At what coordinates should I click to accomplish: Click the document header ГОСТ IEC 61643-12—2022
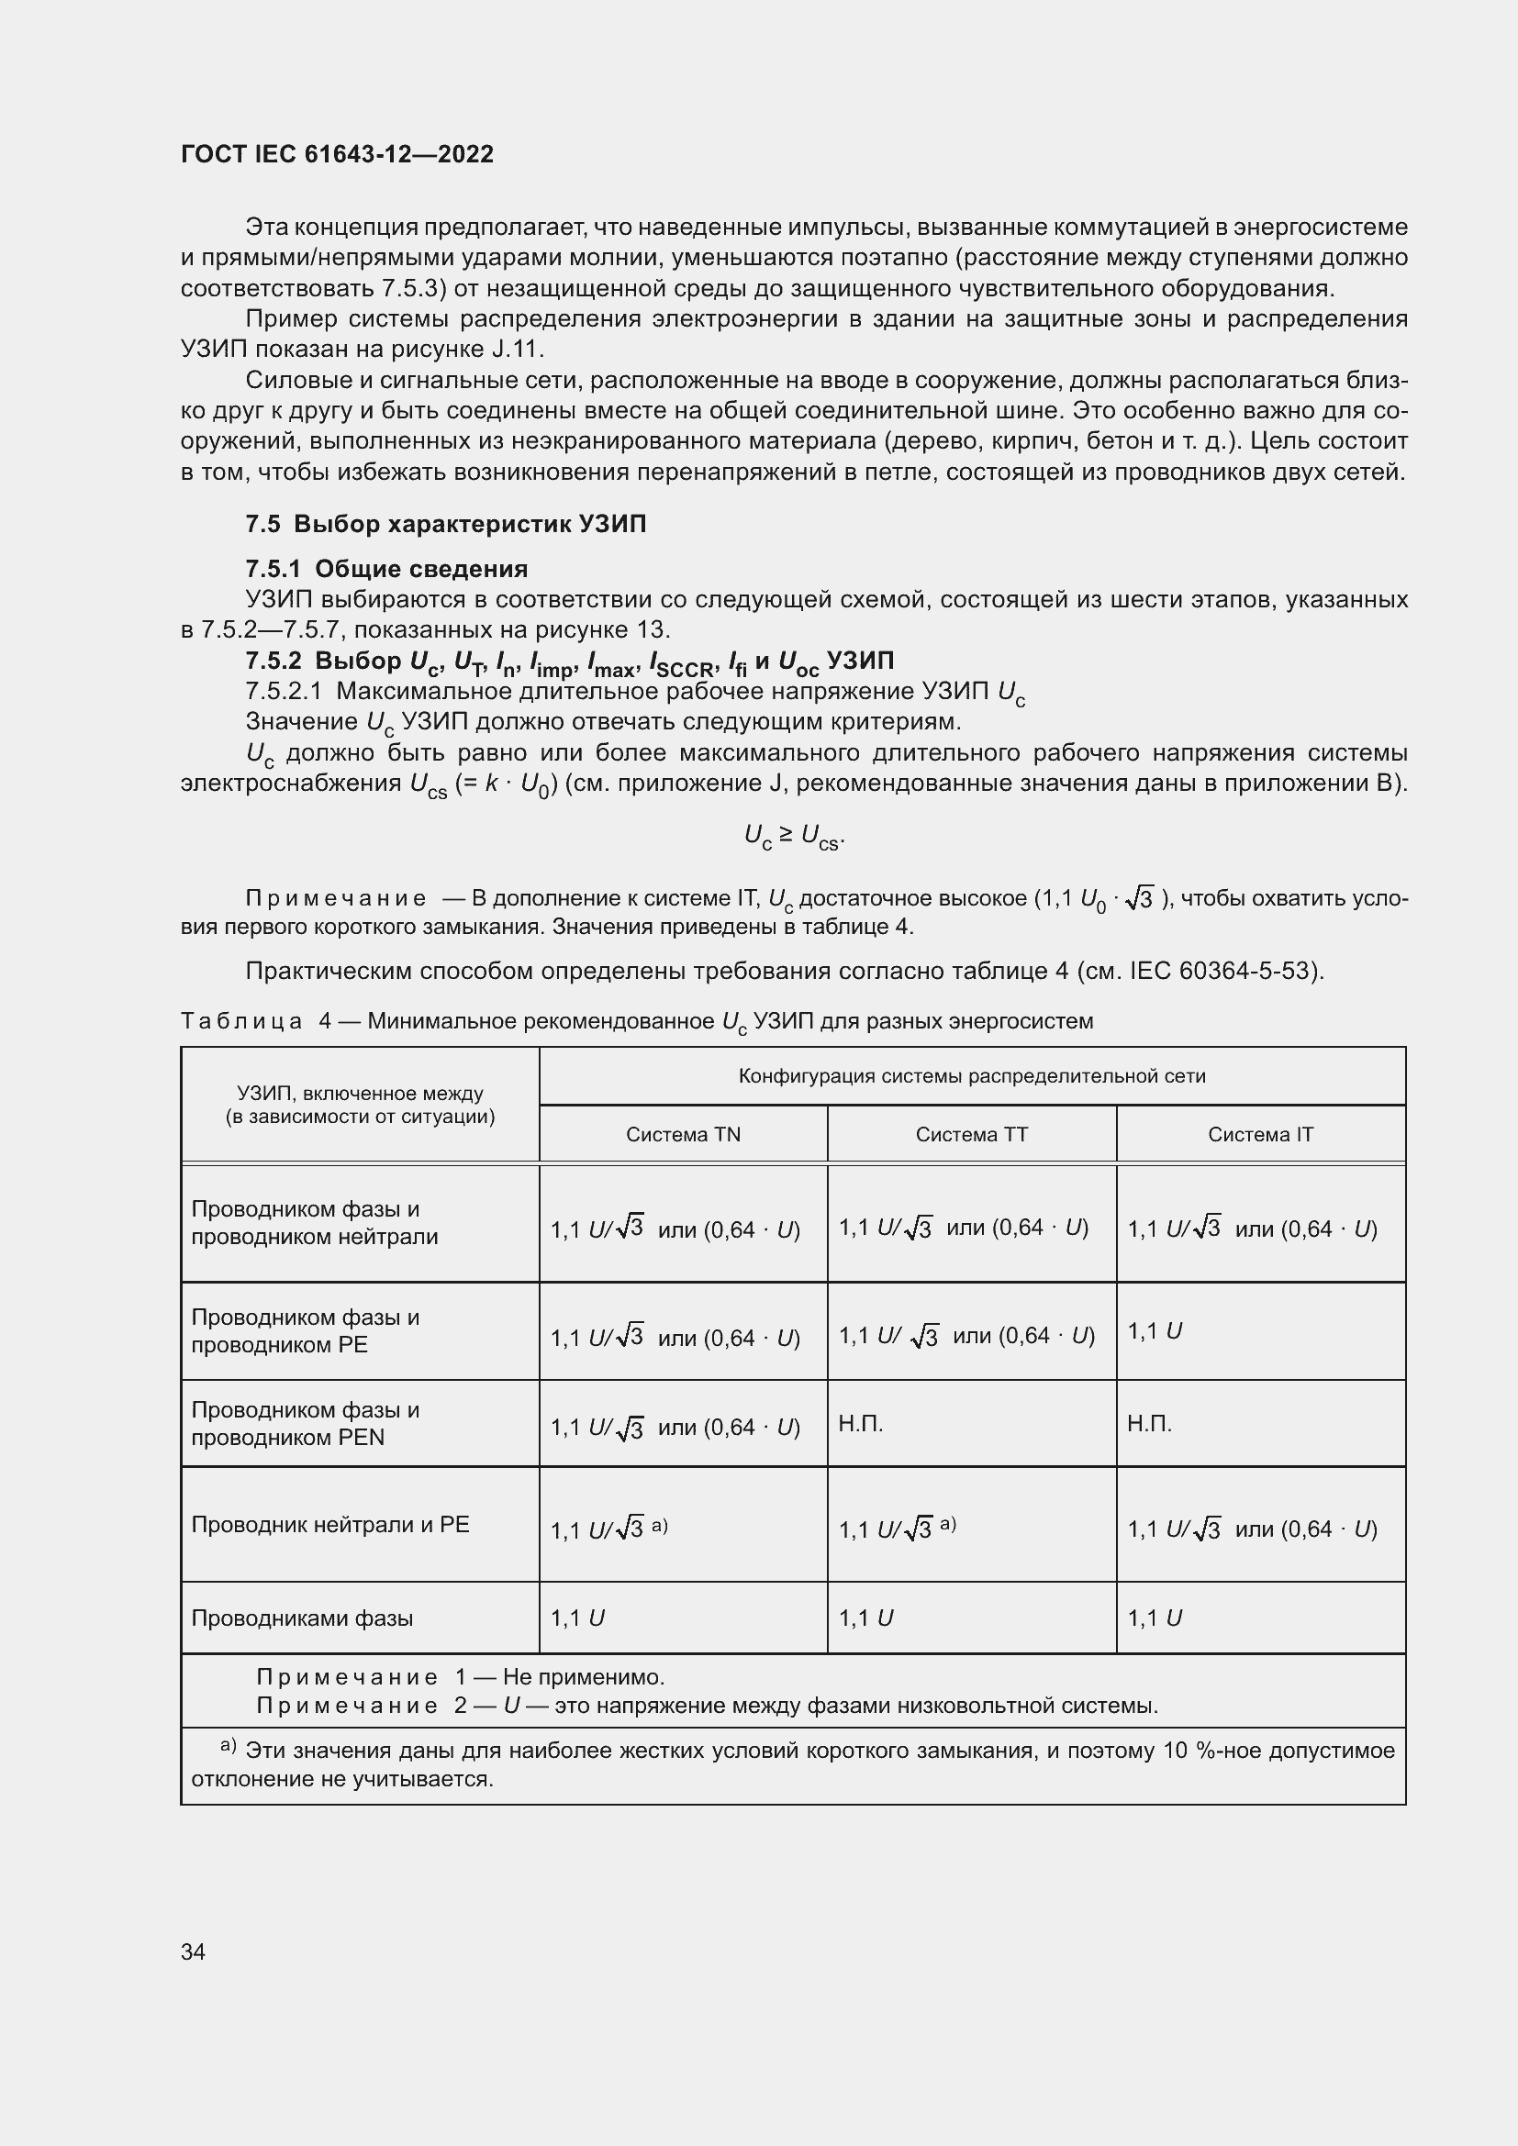pyautogui.click(x=337, y=154)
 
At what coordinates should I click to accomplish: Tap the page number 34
pyautogui.click(x=193, y=1951)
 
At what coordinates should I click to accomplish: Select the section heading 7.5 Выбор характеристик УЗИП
pyautogui.click(x=445, y=525)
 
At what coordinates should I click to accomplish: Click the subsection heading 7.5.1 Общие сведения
pyautogui.click(x=386, y=568)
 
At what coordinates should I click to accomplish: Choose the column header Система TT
pyautogui.click(x=971, y=1135)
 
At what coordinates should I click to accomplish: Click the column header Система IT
pyautogui.click(x=1260, y=1135)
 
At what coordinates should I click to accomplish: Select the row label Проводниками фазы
pyautogui.click(x=302, y=1618)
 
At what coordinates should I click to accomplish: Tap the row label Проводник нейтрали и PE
pyautogui.click(x=330, y=1525)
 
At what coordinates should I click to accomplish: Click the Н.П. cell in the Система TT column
pyautogui.click(x=861, y=1424)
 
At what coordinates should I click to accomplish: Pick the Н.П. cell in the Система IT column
pyautogui.click(x=1150, y=1424)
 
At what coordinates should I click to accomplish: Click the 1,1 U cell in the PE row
pyautogui.click(x=1155, y=1331)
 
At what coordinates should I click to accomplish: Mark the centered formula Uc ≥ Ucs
pyautogui.click(x=794, y=836)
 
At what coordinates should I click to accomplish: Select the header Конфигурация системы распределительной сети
pyautogui.click(x=971, y=1076)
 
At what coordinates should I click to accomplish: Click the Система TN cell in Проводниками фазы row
pyautogui.click(x=576, y=1618)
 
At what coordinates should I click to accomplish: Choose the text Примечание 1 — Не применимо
pyautogui.click(x=460, y=1677)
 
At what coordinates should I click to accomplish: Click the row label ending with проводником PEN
pyautogui.click(x=305, y=1424)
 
